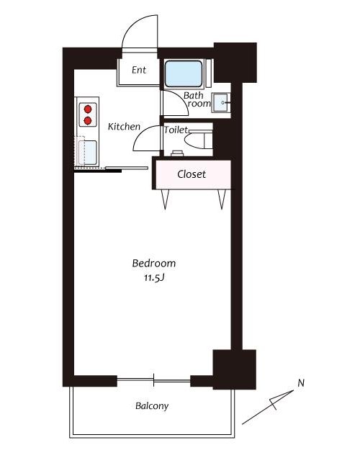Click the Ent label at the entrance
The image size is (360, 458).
[139, 70]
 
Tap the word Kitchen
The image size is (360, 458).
[124, 127]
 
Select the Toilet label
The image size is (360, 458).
[176, 130]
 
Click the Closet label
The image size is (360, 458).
[192, 174]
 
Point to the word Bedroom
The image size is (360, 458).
[154, 263]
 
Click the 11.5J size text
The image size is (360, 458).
[154, 278]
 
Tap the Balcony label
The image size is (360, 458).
[152, 405]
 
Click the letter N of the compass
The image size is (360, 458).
[301, 382]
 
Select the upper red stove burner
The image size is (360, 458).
[88, 109]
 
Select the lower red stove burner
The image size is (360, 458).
[88, 120]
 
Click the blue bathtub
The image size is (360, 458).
[184, 73]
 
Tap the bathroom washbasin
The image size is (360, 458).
[220, 102]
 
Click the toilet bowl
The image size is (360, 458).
[198, 140]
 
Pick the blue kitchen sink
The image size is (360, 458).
[88, 153]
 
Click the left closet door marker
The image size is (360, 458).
[166, 199]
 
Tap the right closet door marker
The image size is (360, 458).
[222, 199]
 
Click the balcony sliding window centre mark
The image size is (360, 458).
[153, 380]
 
